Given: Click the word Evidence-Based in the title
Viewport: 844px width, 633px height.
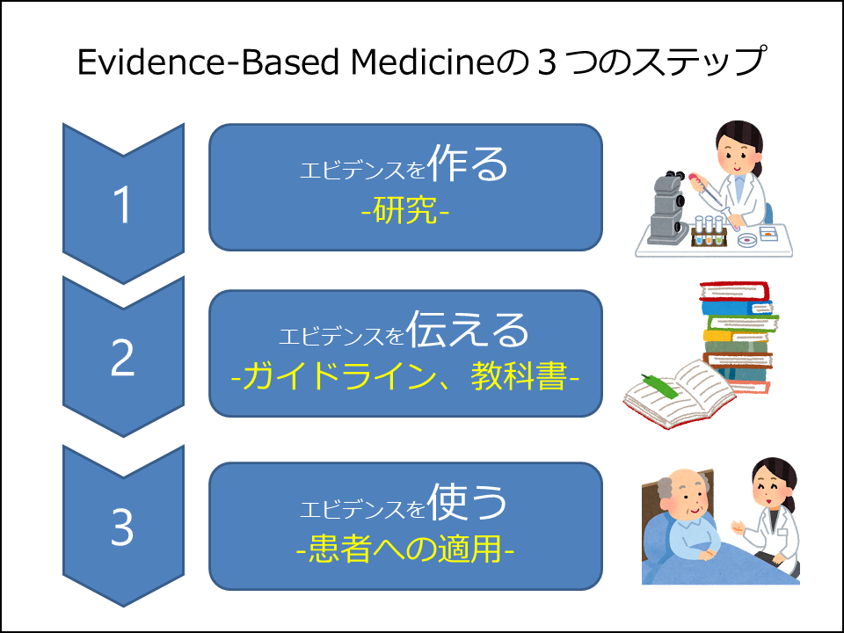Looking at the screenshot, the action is click(208, 62).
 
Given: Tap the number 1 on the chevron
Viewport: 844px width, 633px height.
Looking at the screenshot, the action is click(123, 204).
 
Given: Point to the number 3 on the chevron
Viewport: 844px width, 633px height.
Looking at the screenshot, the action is click(122, 527).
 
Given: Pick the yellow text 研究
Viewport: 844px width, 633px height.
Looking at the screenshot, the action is click(404, 209).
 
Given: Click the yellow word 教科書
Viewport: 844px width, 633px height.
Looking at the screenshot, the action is click(519, 375).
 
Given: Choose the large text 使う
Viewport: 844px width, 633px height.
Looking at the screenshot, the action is click(467, 501).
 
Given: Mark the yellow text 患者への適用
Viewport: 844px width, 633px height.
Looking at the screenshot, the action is click(404, 549).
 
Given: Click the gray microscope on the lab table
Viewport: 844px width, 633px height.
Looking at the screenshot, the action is click(668, 207).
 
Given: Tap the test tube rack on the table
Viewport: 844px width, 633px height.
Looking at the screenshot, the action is click(709, 231).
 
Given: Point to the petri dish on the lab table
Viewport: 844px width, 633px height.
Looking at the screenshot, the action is click(747, 239).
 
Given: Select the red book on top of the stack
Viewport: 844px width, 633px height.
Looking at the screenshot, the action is click(734, 291).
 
